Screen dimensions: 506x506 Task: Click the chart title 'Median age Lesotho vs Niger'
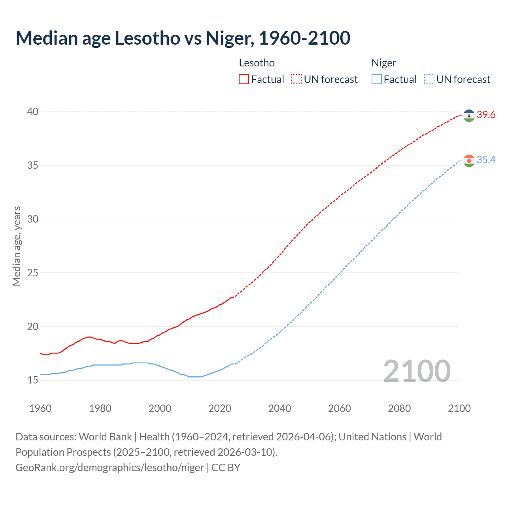(x=183, y=38)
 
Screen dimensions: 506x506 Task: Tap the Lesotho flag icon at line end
(x=469, y=115)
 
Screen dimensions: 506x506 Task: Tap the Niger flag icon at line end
(x=469, y=160)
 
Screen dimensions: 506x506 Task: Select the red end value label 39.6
(x=486, y=115)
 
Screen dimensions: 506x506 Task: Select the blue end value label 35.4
(x=486, y=160)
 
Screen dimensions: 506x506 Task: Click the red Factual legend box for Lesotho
(x=244, y=79)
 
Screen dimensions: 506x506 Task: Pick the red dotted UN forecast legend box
(x=296, y=79)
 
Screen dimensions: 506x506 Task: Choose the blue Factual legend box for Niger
(x=377, y=79)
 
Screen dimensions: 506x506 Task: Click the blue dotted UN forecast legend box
(x=429, y=79)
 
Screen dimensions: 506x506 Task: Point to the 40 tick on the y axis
(x=33, y=112)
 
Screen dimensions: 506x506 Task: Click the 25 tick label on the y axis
(x=33, y=273)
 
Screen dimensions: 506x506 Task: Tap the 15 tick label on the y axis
(x=33, y=380)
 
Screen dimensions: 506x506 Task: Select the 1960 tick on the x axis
(x=40, y=408)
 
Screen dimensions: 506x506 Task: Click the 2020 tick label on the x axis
(x=220, y=408)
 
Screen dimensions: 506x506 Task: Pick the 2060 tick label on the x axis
(x=340, y=408)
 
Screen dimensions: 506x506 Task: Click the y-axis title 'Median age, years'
(x=17, y=246)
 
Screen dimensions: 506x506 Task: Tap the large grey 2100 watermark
(x=417, y=371)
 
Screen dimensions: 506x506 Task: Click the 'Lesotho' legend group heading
(x=257, y=63)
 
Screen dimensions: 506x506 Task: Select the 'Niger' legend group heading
(x=383, y=63)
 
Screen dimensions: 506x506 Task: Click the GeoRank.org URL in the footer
(x=110, y=468)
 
